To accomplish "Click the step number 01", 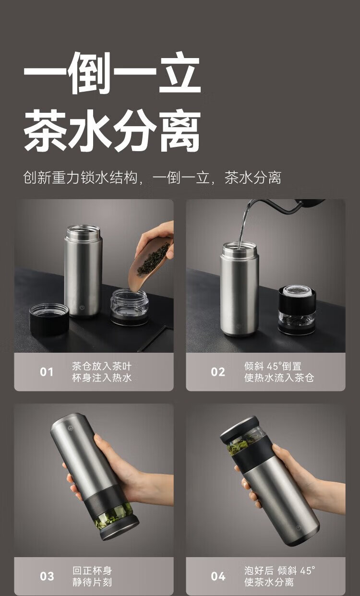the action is pos(46,372).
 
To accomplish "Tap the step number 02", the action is pos(218,372).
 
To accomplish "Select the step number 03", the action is pos(47,576).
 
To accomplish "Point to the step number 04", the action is pos(218,576).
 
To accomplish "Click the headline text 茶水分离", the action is pos(112,130).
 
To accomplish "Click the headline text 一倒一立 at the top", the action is pos(112,72).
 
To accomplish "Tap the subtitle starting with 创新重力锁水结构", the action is pos(152,178).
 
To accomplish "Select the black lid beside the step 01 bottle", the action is pos(49,319).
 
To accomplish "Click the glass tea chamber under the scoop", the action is pos(129,307).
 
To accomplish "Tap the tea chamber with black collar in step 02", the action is pos(297,310).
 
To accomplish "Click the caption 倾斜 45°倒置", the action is pos(273,366).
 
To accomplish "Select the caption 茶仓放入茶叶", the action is pos(102,366).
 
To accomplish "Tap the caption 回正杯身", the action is pos(92,571).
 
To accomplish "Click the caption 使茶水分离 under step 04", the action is pos(269,582).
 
